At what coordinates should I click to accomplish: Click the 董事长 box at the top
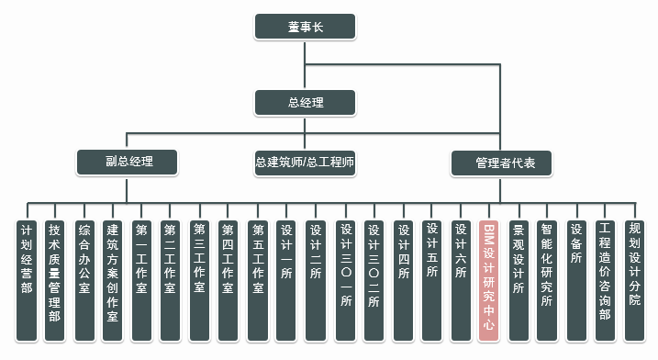click(x=305, y=27)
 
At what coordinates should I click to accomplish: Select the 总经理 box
click(x=305, y=103)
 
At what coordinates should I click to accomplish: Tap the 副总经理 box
click(x=128, y=163)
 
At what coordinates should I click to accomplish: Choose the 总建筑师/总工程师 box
click(x=305, y=163)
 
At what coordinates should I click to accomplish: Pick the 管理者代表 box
click(x=501, y=163)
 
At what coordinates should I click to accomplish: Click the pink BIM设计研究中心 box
click(x=489, y=281)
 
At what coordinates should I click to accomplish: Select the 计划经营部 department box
click(x=27, y=281)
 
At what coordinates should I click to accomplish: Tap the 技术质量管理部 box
click(x=54, y=281)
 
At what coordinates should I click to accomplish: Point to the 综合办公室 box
click(x=84, y=281)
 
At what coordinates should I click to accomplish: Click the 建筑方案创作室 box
click(x=113, y=281)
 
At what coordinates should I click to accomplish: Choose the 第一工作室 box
click(x=141, y=281)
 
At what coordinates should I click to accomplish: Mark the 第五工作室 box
click(x=258, y=281)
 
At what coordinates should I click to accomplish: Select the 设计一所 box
click(x=286, y=281)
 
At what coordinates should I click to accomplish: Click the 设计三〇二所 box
click(x=374, y=281)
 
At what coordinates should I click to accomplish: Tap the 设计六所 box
click(x=461, y=281)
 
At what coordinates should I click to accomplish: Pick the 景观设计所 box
click(x=519, y=281)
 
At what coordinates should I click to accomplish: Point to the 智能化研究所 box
click(x=547, y=281)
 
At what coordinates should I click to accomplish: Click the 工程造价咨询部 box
click(x=605, y=281)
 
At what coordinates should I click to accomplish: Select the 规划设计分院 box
click(x=634, y=281)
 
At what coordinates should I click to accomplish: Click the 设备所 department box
click(x=576, y=281)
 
